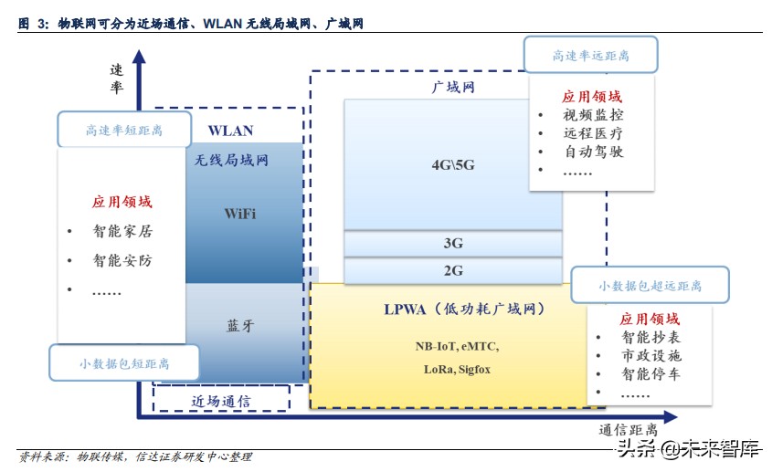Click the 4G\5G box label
click(453, 165)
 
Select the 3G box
click(453, 244)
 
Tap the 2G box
click(453, 270)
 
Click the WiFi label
click(240, 214)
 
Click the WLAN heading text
click(230, 131)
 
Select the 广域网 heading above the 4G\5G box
click(453, 88)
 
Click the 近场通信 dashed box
click(221, 400)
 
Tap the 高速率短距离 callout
click(124, 130)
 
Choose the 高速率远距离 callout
click(590, 56)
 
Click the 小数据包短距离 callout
click(124, 363)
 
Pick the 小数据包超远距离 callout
click(650, 286)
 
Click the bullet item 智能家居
click(122, 232)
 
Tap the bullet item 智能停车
click(650, 373)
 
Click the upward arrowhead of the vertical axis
click(138, 57)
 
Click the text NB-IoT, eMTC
click(457, 346)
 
